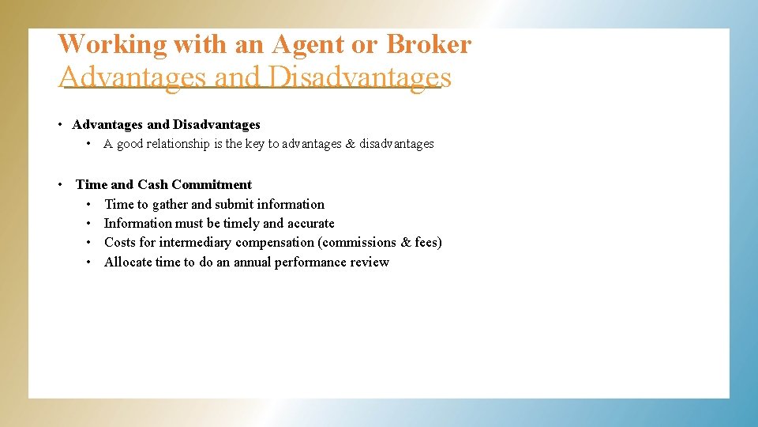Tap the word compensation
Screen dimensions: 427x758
[x=275, y=242]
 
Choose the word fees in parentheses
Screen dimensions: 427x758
[x=426, y=242]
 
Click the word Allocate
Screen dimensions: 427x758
[x=128, y=262]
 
